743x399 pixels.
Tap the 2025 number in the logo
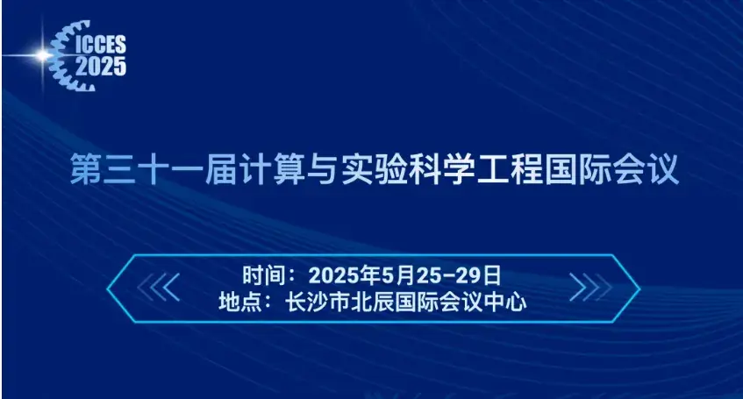101,65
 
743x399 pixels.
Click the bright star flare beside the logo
41,55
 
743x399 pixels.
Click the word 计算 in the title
263,170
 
